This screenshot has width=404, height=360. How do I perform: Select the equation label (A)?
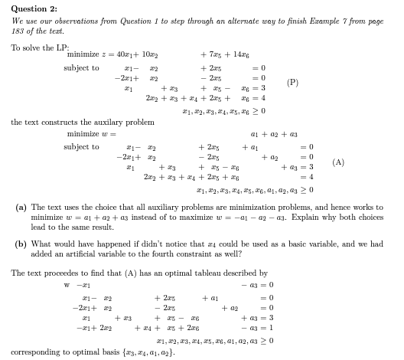coord(338,162)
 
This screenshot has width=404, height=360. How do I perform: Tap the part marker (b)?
coord(22,244)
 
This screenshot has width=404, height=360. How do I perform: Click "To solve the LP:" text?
coord(34,47)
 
